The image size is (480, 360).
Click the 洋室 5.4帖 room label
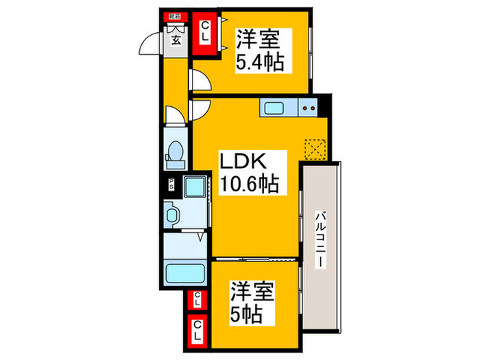click(x=259, y=49)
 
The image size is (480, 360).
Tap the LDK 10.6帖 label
click(x=248, y=173)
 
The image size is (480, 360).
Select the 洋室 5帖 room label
click(x=252, y=302)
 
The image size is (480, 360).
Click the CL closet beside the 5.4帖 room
click(x=204, y=34)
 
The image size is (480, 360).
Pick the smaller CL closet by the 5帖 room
click(x=197, y=299)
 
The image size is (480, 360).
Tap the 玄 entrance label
click(x=176, y=40)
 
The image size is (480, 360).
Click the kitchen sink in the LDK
click(x=274, y=107)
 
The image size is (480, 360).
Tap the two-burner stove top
click(x=309, y=107)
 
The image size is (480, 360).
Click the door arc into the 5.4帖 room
click(x=200, y=81)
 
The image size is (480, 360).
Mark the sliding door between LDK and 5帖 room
click(x=254, y=259)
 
